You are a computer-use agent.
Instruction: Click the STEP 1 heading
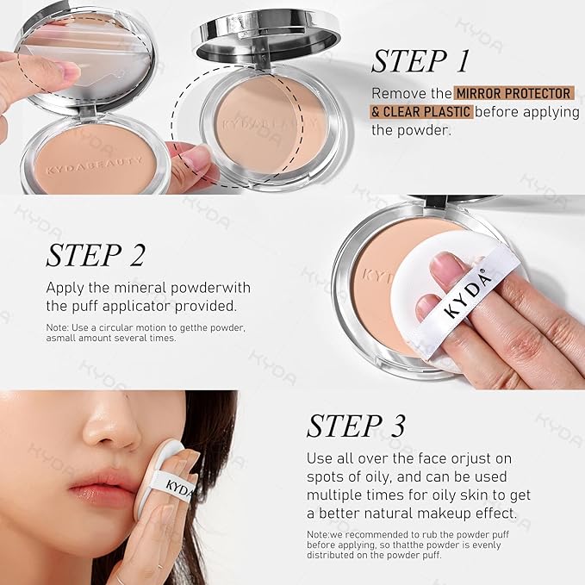click(x=420, y=62)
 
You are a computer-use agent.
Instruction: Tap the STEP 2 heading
click(x=96, y=256)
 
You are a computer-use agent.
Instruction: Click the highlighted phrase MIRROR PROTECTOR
click(x=513, y=93)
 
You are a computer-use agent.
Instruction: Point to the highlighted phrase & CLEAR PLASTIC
click(x=421, y=112)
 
